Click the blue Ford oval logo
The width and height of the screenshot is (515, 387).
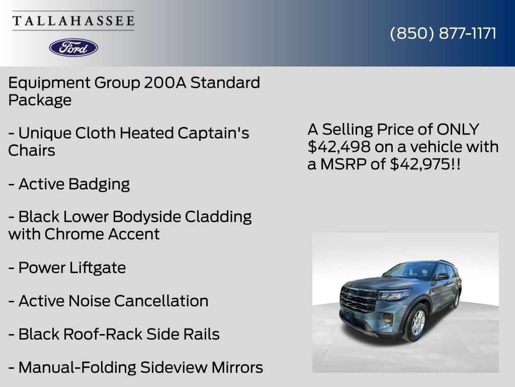[73, 47]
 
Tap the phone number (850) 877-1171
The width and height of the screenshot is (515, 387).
[443, 33]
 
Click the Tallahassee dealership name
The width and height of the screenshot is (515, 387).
[73, 21]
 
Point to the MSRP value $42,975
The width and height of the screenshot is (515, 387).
[419, 164]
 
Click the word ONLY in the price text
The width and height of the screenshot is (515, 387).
[458, 130]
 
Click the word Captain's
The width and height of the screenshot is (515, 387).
[213, 133]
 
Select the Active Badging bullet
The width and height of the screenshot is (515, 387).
[69, 184]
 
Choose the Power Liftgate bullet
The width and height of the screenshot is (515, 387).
[67, 268]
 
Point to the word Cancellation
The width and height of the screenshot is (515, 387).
[161, 301]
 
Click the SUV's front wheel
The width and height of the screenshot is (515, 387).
[417, 322]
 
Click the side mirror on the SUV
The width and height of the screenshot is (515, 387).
[443, 276]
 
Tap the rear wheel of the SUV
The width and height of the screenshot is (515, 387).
[457, 300]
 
